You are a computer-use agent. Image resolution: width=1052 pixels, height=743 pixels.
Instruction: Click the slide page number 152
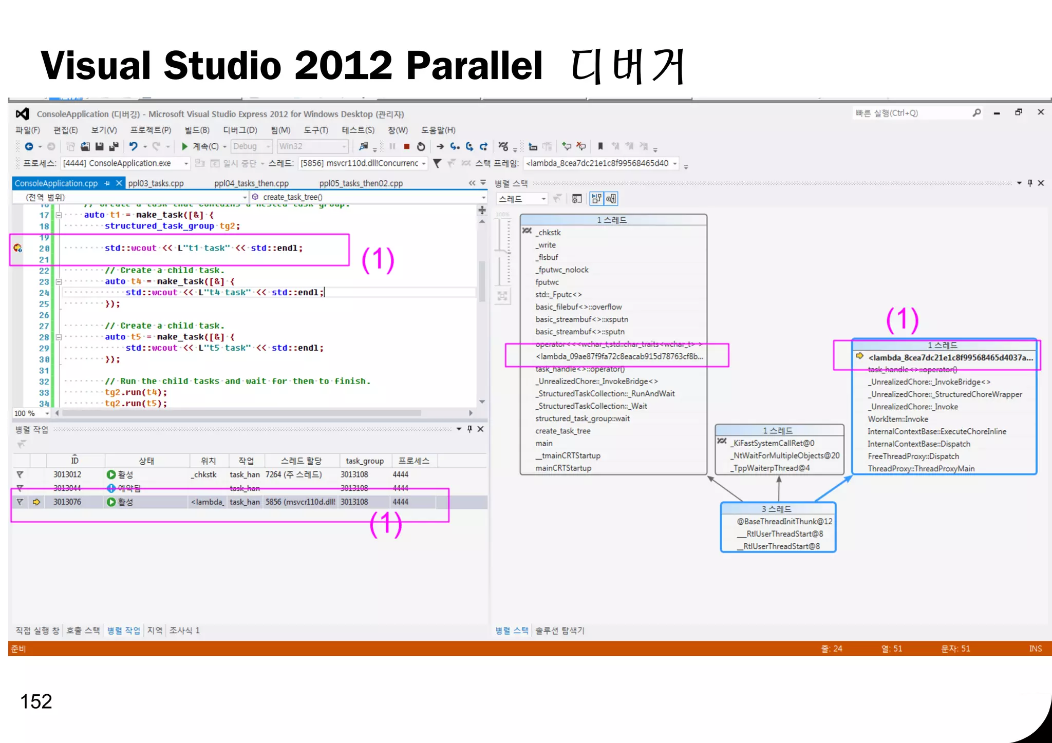[x=36, y=701]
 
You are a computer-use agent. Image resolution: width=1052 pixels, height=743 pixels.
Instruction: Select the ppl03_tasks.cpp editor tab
[x=156, y=183]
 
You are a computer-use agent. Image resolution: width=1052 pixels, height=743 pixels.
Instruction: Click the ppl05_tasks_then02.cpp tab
[x=361, y=183]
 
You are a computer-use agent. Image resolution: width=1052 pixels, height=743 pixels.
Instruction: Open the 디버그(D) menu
[x=240, y=130]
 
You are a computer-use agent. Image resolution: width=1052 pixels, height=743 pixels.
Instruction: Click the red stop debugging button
[x=406, y=146]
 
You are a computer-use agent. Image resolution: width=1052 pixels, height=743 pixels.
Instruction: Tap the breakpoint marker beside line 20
[x=17, y=248]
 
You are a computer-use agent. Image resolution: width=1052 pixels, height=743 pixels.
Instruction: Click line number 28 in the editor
[x=44, y=337]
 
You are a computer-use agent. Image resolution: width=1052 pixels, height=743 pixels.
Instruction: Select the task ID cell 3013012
[x=67, y=474]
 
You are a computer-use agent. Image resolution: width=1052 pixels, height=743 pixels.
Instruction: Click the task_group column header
[x=364, y=461]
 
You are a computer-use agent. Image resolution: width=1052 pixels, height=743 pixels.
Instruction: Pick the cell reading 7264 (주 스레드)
[x=294, y=474]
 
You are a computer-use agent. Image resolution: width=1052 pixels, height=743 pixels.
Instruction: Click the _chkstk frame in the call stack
[x=549, y=233]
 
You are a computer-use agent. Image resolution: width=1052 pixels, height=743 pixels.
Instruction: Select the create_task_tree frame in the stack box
[x=562, y=431]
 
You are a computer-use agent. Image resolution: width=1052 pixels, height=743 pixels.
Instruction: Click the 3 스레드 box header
[x=778, y=509]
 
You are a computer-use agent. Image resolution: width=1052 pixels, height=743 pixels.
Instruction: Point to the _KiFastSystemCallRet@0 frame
[x=774, y=443]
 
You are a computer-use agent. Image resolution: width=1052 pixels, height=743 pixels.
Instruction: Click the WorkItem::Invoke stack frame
[x=898, y=419]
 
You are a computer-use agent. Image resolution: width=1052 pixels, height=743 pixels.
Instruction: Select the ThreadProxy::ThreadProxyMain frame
[x=921, y=468]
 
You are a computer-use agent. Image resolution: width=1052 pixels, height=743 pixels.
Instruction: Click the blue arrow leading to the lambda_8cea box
[x=833, y=488]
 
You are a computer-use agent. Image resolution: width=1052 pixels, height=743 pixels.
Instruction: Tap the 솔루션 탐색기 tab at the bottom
[x=560, y=631]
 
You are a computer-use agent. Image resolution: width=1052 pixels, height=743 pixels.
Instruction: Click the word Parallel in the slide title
[x=474, y=66]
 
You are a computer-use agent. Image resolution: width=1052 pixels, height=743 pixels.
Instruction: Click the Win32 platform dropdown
[x=312, y=146]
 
